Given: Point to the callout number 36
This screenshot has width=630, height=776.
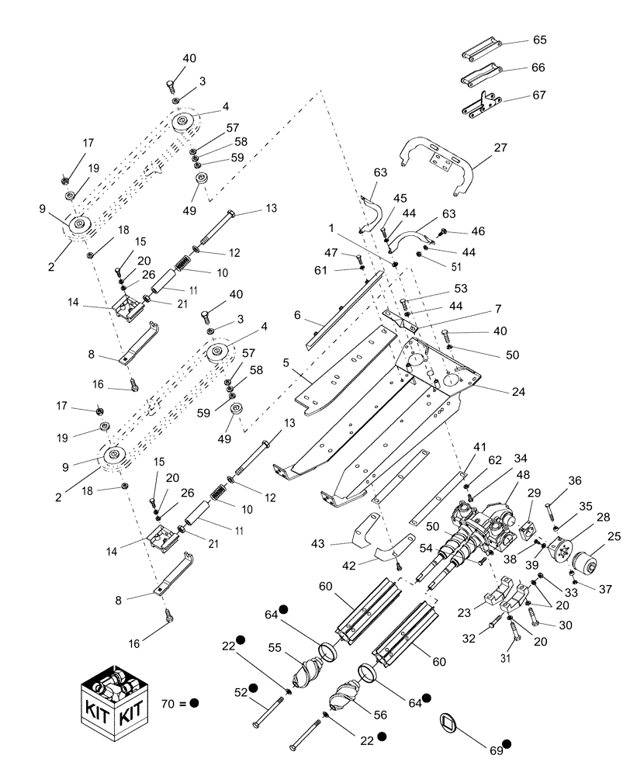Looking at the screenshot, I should tap(573, 480).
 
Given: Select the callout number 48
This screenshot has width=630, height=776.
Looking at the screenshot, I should tap(523, 476).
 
